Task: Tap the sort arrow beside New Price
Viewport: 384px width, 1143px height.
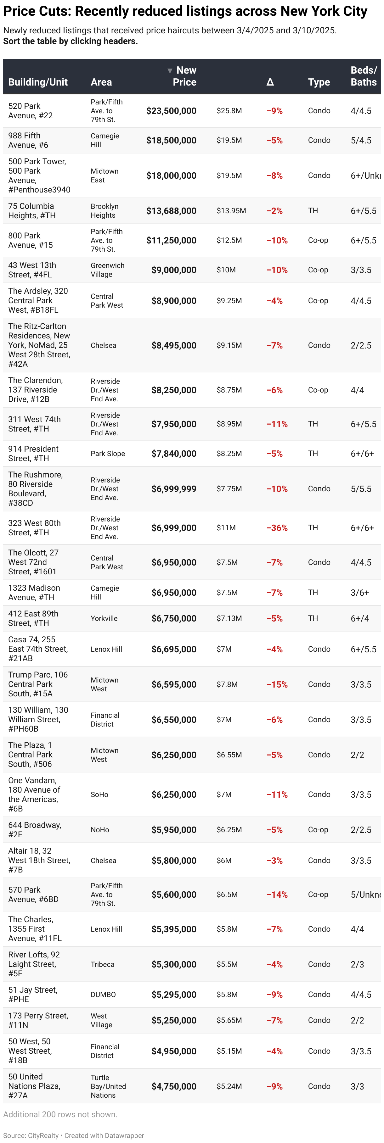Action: [170, 70]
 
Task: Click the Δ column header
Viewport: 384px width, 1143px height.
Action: [270, 82]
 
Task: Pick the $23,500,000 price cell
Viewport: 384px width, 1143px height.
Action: [171, 111]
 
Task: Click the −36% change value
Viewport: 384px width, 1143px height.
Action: [277, 528]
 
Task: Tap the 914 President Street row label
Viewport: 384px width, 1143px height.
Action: [33, 454]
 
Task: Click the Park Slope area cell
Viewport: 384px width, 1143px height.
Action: [107, 454]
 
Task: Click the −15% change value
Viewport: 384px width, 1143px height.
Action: [277, 685]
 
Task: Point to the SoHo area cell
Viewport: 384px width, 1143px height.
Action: [99, 795]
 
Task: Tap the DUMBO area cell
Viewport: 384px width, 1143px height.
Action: [103, 995]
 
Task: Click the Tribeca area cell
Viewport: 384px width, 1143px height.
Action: [103, 965]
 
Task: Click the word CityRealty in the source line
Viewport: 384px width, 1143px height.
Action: [43, 1135]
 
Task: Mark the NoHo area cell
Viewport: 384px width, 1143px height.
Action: [100, 830]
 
